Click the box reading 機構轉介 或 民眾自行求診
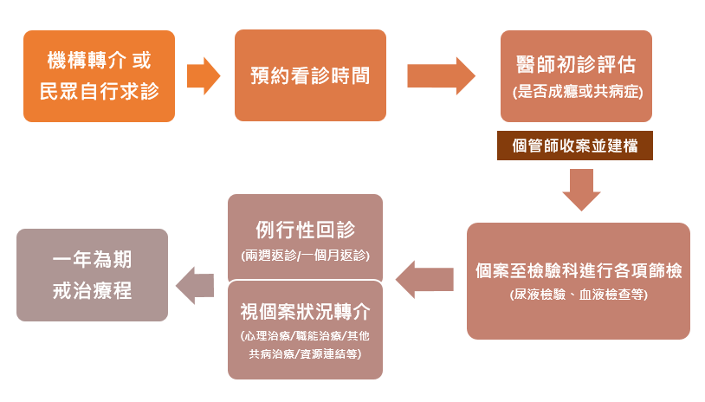tap(99, 75)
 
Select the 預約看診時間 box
tap(309, 75)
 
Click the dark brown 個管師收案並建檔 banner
tap(575, 146)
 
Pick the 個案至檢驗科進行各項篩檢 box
tap(578, 281)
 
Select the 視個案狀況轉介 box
tap(305, 330)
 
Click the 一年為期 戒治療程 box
tap(92, 275)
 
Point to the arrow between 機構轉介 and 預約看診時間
tap(204, 76)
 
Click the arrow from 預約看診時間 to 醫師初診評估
tap(441, 76)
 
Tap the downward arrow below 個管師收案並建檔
tap(581, 189)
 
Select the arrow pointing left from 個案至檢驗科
tap(424, 279)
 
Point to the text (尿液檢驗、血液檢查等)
tap(578, 295)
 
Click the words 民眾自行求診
tap(99, 90)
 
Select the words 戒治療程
tap(92, 290)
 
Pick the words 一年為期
tap(92, 260)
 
